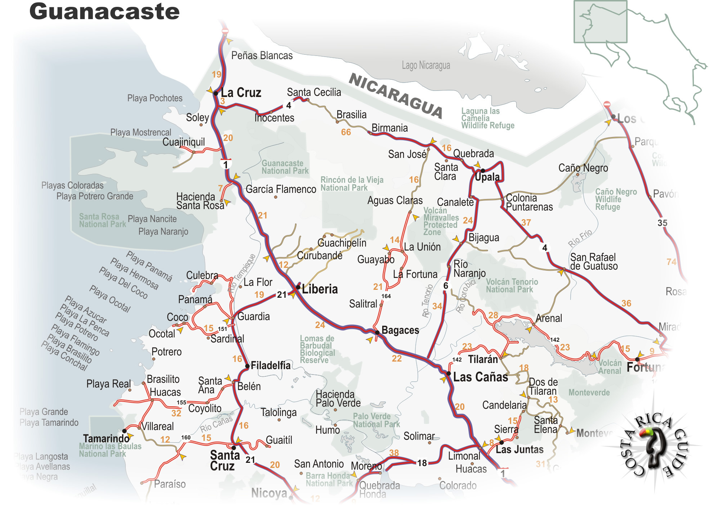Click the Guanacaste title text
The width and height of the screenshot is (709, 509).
pyautogui.click(x=104, y=12)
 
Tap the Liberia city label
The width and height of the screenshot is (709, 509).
pyautogui.click(x=320, y=289)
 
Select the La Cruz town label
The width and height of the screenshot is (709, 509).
pyautogui.click(x=241, y=93)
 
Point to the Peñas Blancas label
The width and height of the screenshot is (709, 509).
pyautogui.click(x=262, y=56)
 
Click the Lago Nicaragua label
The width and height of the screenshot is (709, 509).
pyautogui.click(x=426, y=65)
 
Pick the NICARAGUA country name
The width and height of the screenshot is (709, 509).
pyautogui.click(x=396, y=96)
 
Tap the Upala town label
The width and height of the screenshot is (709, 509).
pyautogui.click(x=487, y=177)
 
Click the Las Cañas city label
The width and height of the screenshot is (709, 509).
pyautogui.click(x=480, y=377)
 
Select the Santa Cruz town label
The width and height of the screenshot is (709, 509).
pyautogui.click(x=224, y=460)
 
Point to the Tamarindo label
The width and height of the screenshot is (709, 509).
pyautogui.click(x=106, y=438)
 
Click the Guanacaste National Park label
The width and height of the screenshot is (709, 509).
pyautogui.click(x=285, y=167)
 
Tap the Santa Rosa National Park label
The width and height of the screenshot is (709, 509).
pyautogui.click(x=102, y=220)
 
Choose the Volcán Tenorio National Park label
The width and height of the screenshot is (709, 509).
pyautogui.click(x=512, y=286)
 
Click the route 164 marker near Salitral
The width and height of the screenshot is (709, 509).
pyautogui.click(x=386, y=296)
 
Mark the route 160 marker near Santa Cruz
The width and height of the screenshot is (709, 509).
pyautogui.click(x=186, y=437)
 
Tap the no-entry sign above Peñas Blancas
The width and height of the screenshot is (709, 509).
pyautogui.click(x=225, y=31)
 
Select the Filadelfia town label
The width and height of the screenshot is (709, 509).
pyautogui.click(x=270, y=366)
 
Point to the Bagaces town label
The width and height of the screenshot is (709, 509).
pyautogui.click(x=400, y=330)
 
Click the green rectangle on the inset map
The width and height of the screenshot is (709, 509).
pyautogui.click(x=600, y=22)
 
